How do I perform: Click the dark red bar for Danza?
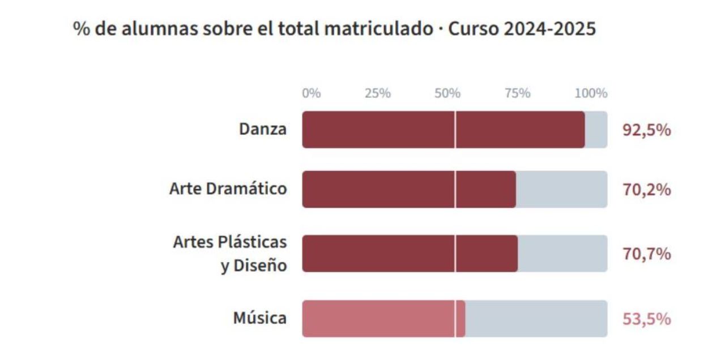pyautogui.click(x=396, y=130)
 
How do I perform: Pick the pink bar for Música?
pyautogui.click(x=374, y=319)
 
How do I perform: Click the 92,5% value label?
pyautogui.click(x=646, y=130)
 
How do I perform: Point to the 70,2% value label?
pyautogui.click(x=646, y=190)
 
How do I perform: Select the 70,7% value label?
pyautogui.click(x=646, y=254)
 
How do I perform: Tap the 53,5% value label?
pyautogui.click(x=646, y=319)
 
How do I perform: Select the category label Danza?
pyautogui.click(x=263, y=130)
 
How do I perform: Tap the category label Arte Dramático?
pyautogui.click(x=228, y=189)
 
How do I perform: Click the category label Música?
pyautogui.click(x=260, y=319)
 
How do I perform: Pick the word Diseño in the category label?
pyautogui.click(x=262, y=265)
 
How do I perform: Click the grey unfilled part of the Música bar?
pyautogui.click(x=535, y=319)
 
